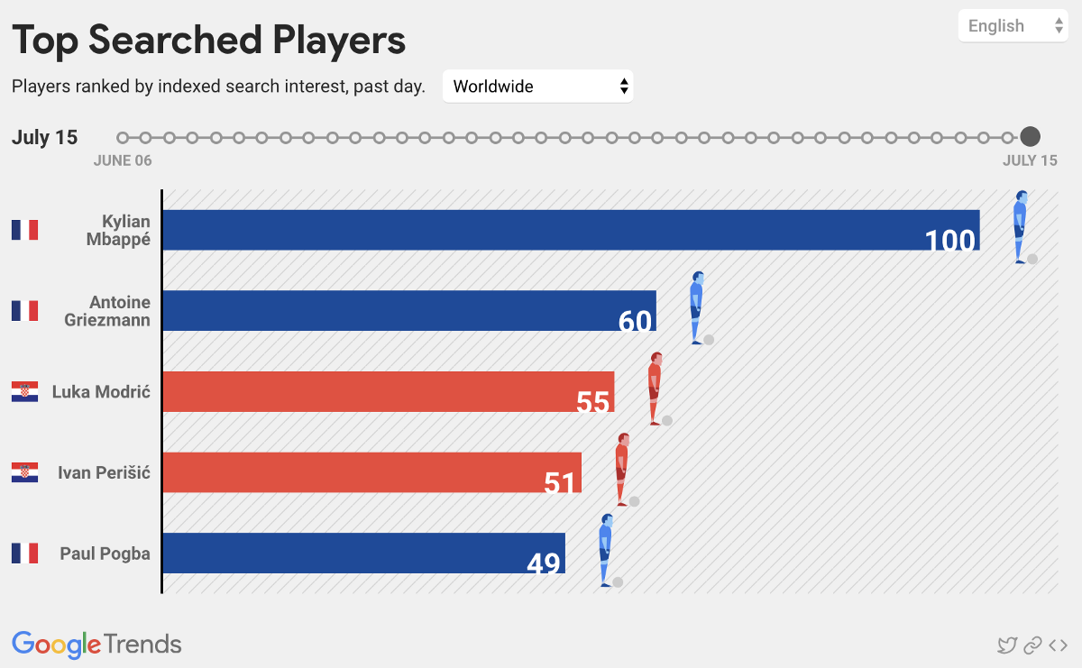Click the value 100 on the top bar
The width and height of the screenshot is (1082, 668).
(949, 241)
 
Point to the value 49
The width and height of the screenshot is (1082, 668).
(544, 564)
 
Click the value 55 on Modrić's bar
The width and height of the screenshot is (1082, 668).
(593, 402)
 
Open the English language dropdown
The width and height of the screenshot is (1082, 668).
(1013, 26)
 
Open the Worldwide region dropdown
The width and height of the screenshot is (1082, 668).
(538, 87)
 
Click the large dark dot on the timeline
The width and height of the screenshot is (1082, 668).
(1030, 137)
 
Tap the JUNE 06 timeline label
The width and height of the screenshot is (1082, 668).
(123, 160)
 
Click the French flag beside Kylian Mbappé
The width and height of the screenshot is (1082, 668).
(25, 230)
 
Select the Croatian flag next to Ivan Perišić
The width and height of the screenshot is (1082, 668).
(25, 472)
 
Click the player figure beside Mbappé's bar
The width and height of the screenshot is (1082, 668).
(1020, 226)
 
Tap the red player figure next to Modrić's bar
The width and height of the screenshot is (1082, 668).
(656, 389)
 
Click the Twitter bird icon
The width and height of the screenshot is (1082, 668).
(1006, 645)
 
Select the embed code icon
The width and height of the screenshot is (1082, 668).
(1059, 645)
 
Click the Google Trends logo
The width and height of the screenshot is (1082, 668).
(96, 644)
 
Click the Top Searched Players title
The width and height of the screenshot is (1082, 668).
(208, 41)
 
